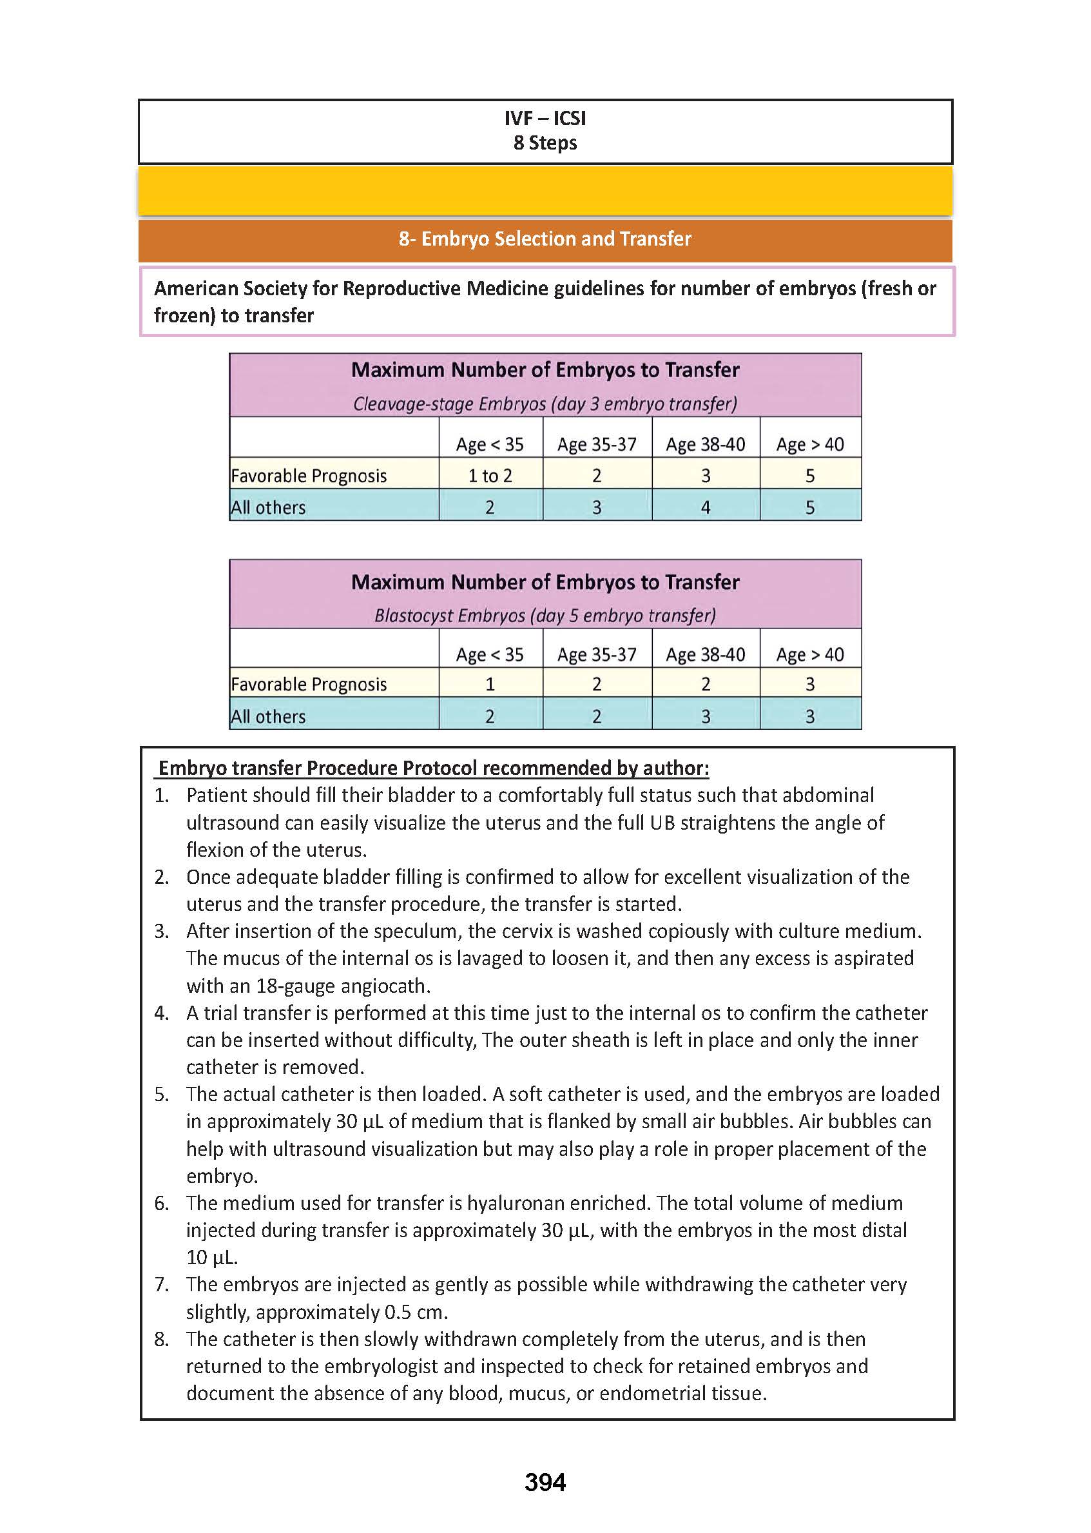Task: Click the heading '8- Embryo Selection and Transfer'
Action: pyautogui.click(x=545, y=239)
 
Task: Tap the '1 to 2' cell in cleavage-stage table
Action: pyautogui.click(x=490, y=476)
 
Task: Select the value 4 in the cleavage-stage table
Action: pyautogui.click(x=706, y=507)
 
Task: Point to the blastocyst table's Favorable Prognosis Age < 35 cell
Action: pyautogui.click(x=490, y=684)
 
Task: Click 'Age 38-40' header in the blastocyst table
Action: pyautogui.click(x=706, y=654)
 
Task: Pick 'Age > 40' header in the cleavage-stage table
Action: pyautogui.click(x=809, y=444)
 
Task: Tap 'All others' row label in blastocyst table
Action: pyautogui.click(x=268, y=716)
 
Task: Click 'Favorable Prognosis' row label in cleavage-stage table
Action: pyautogui.click(x=309, y=476)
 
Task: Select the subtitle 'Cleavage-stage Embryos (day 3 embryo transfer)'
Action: pyautogui.click(x=545, y=404)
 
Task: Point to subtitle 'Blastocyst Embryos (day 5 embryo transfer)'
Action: pyautogui.click(x=545, y=616)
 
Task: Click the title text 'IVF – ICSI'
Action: pyautogui.click(x=545, y=118)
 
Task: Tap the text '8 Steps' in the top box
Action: pyautogui.click(x=545, y=143)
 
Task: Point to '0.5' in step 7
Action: pyautogui.click(x=397, y=1312)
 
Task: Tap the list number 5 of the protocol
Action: pyautogui.click(x=161, y=1094)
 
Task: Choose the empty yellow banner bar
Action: pyautogui.click(x=545, y=191)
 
